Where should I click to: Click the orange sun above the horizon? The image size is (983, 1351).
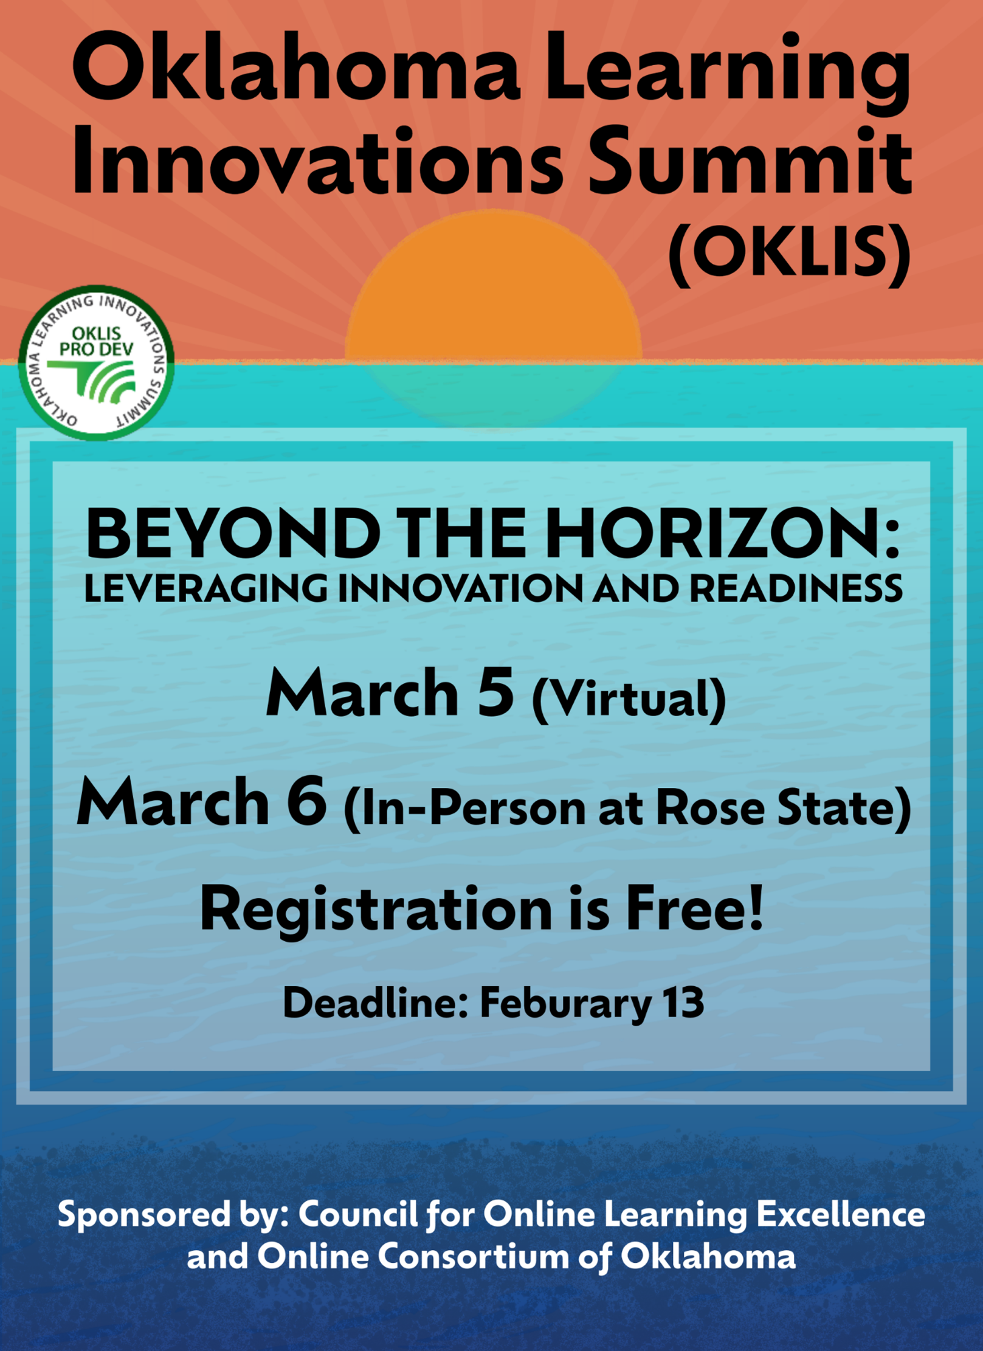click(493, 286)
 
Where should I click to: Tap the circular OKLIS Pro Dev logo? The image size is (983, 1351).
click(97, 362)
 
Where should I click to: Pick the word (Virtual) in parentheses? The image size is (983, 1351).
click(629, 699)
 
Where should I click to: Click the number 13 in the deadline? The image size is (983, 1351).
click(683, 1003)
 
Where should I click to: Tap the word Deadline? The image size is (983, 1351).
click(374, 1003)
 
